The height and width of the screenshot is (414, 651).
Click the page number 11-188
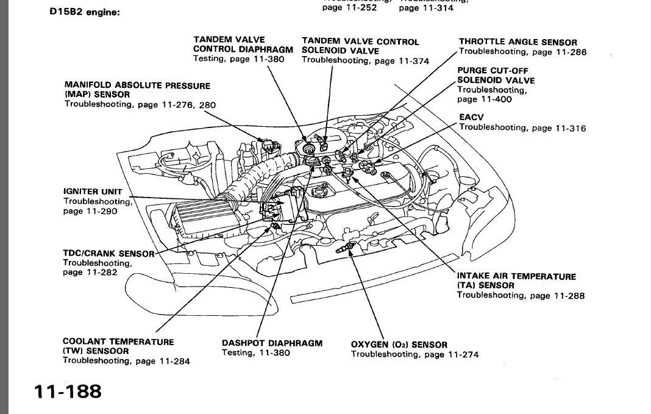pyautogui.click(x=68, y=391)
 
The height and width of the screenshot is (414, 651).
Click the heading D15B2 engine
pyautogui.click(x=84, y=12)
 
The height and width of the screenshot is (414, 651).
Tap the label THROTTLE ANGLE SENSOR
pyautogui.click(x=518, y=42)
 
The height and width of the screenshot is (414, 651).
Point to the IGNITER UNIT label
pyautogui.click(x=93, y=191)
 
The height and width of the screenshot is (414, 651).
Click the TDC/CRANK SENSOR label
pyautogui.click(x=108, y=254)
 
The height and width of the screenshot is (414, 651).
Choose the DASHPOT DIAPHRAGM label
pyautogui.click(x=272, y=343)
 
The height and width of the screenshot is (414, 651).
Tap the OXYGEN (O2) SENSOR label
pyautogui.click(x=399, y=344)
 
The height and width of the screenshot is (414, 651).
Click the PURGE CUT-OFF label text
pyautogui.click(x=493, y=70)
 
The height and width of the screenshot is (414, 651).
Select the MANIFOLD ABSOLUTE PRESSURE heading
pyautogui.click(x=137, y=86)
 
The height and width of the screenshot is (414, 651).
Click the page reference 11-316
pyautogui.click(x=571, y=128)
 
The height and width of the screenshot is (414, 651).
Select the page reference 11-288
pyautogui.click(x=569, y=296)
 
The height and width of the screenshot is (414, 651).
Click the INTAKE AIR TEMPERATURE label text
pyautogui.click(x=516, y=276)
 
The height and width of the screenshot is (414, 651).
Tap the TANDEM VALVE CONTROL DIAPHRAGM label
pyautogui.click(x=238, y=45)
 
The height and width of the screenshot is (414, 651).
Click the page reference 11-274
pyautogui.click(x=463, y=354)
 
